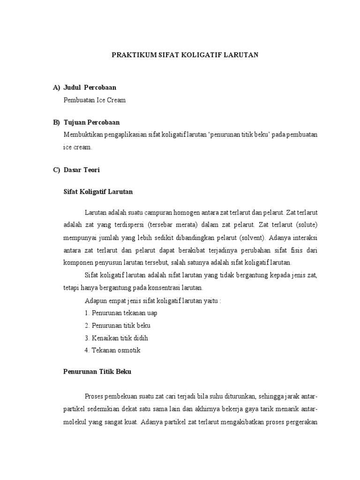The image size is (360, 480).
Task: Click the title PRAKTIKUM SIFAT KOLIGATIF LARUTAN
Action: pos(185,55)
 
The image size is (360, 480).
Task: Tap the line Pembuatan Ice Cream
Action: pos(95,100)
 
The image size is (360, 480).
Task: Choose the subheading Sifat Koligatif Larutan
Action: pos(98,192)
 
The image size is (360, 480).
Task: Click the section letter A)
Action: pos(56,88)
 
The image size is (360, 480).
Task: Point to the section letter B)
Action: pos(56,122)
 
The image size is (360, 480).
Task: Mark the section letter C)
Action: pos(56,170)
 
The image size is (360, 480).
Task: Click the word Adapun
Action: pos(95,300)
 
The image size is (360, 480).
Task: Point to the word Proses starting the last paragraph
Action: pos(96,397)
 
